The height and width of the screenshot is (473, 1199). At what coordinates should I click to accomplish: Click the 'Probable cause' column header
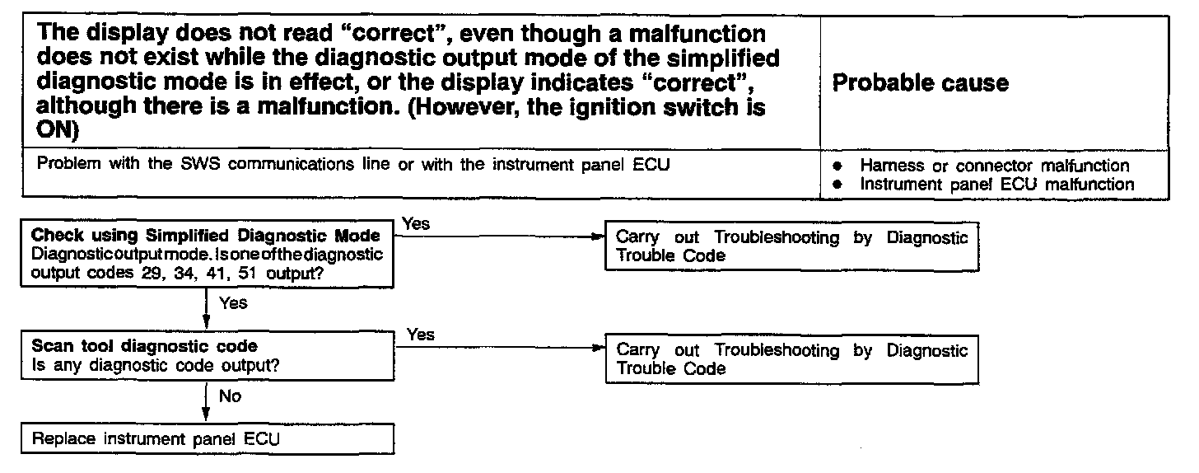pyautogui.click(x=921, y=82)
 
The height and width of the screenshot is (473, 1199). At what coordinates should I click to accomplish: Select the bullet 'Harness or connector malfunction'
pyautogui.click(x=994, y=166)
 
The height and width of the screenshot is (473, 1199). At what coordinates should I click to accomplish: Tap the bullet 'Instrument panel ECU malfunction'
pyautogui.click(x=996, y=185)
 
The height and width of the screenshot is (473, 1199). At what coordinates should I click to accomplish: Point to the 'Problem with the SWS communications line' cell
pyautogui.click(x=353, y=164)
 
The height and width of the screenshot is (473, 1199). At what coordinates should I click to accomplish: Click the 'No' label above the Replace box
pyautogui.click(x=230, y=396)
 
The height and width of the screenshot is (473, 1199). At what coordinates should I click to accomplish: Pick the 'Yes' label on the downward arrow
pyautogui.click(x=233, y=303)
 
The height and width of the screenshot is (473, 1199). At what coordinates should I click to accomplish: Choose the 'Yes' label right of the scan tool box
pyautogui.click(x=420, y=335)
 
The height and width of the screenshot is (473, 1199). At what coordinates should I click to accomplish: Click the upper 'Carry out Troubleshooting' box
pyautogui.click(x=791, y=246)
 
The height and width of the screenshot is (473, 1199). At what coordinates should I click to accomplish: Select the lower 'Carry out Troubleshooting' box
pyautogui.click(x=791, y=359)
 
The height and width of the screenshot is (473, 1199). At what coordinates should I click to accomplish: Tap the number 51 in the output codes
pyautogui.click(x=248, y=274)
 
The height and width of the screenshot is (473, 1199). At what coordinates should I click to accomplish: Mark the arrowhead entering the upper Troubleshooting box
pyautogui.click(x=600, y=236)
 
